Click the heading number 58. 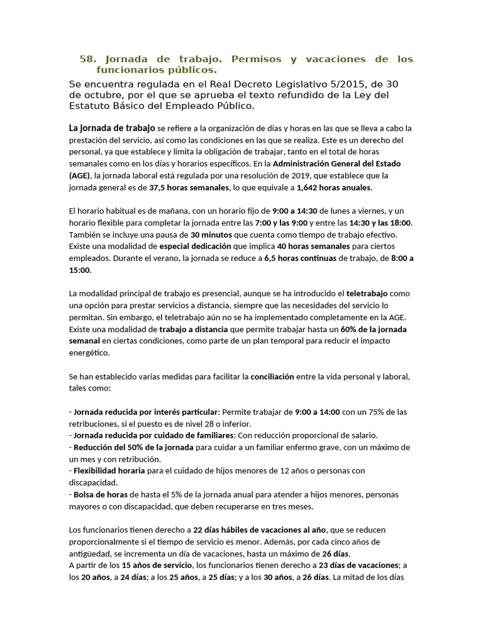coord(88,59)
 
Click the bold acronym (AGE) coord(80,175)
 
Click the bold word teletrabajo coord(367,294)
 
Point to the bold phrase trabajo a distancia coord(194,329)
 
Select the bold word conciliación coord(272,376)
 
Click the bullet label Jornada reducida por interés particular coord(145,412)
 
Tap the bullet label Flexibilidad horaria coord(109,470)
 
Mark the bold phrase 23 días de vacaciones coord(359,565)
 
